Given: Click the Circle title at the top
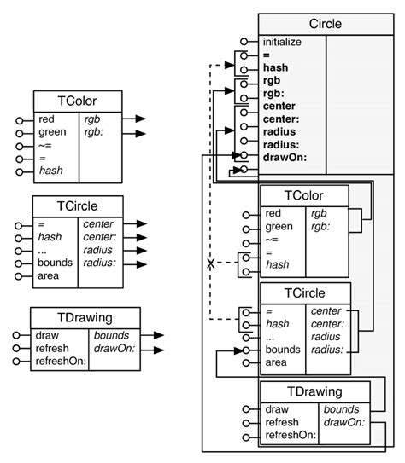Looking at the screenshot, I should point(325,24).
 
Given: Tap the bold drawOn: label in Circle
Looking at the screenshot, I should point(284,157).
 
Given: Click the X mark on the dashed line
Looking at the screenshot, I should point(209,264).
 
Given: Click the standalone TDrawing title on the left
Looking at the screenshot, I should point(85,318).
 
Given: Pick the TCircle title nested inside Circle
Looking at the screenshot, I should point(304,294).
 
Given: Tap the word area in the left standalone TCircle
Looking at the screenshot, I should point(49,276).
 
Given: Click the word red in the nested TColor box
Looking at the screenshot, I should point(273,214).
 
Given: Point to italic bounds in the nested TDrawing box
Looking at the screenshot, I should point(340,409).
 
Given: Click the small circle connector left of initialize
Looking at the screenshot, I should point(244,41).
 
